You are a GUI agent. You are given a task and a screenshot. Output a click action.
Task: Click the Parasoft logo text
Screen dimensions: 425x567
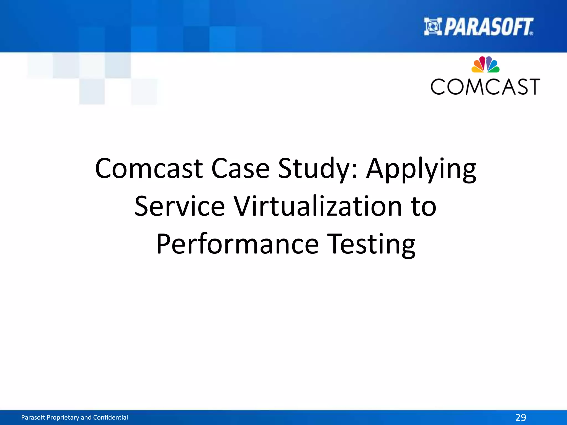[x=488, y=27]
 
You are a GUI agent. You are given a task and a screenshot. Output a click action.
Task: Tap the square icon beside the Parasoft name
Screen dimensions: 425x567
[x=433, y=27]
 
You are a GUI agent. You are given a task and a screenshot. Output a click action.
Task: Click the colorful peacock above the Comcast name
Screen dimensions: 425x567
[x=485, y=64]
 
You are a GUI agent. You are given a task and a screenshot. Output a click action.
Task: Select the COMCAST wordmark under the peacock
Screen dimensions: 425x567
[x=485, y=87]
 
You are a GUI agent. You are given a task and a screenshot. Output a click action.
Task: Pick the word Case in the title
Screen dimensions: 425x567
[x=240, y=168]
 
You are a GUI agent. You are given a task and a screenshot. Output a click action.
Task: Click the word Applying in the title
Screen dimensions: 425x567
[x=421, y=169]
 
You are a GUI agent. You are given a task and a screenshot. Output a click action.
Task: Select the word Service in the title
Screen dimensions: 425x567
[x=179, y=206]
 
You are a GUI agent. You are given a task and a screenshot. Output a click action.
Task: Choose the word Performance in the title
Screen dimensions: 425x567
[x=238, y=244]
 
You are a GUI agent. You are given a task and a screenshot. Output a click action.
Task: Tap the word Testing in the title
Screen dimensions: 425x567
[x=371, y=245]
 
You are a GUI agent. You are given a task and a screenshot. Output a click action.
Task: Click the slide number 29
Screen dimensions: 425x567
[x=520, y=417]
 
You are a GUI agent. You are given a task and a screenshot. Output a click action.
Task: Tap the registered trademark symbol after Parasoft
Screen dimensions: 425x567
[x=531, y=33]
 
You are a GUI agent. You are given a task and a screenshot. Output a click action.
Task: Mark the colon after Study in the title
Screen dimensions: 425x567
[x=355, y=172]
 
